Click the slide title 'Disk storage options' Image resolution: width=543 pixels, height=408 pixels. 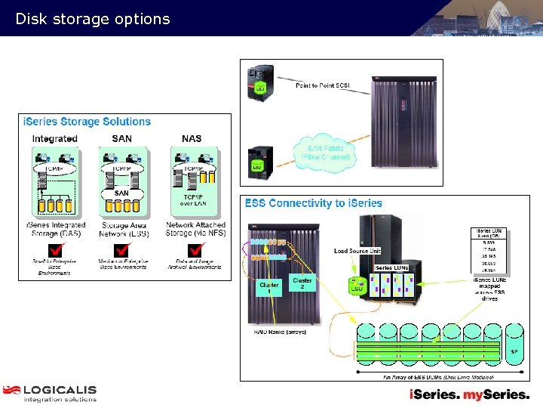pos(93,20)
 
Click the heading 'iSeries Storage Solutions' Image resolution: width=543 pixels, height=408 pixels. pos(87,122)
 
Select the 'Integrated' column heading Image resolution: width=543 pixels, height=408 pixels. pos(54,139)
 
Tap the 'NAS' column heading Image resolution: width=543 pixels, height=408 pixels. pos(192,139)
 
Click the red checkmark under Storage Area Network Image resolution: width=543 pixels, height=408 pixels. pos(121,249)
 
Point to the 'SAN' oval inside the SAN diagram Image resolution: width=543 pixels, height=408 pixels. pos(121,193)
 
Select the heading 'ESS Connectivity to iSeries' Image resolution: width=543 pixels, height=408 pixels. pos(313,203)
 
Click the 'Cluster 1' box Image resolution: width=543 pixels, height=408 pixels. pos(269,289)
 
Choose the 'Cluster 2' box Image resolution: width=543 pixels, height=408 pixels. pos(302,283)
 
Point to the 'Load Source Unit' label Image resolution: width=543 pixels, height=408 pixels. pos(357,251)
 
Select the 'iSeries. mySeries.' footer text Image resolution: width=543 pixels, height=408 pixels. pos(469,394)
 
